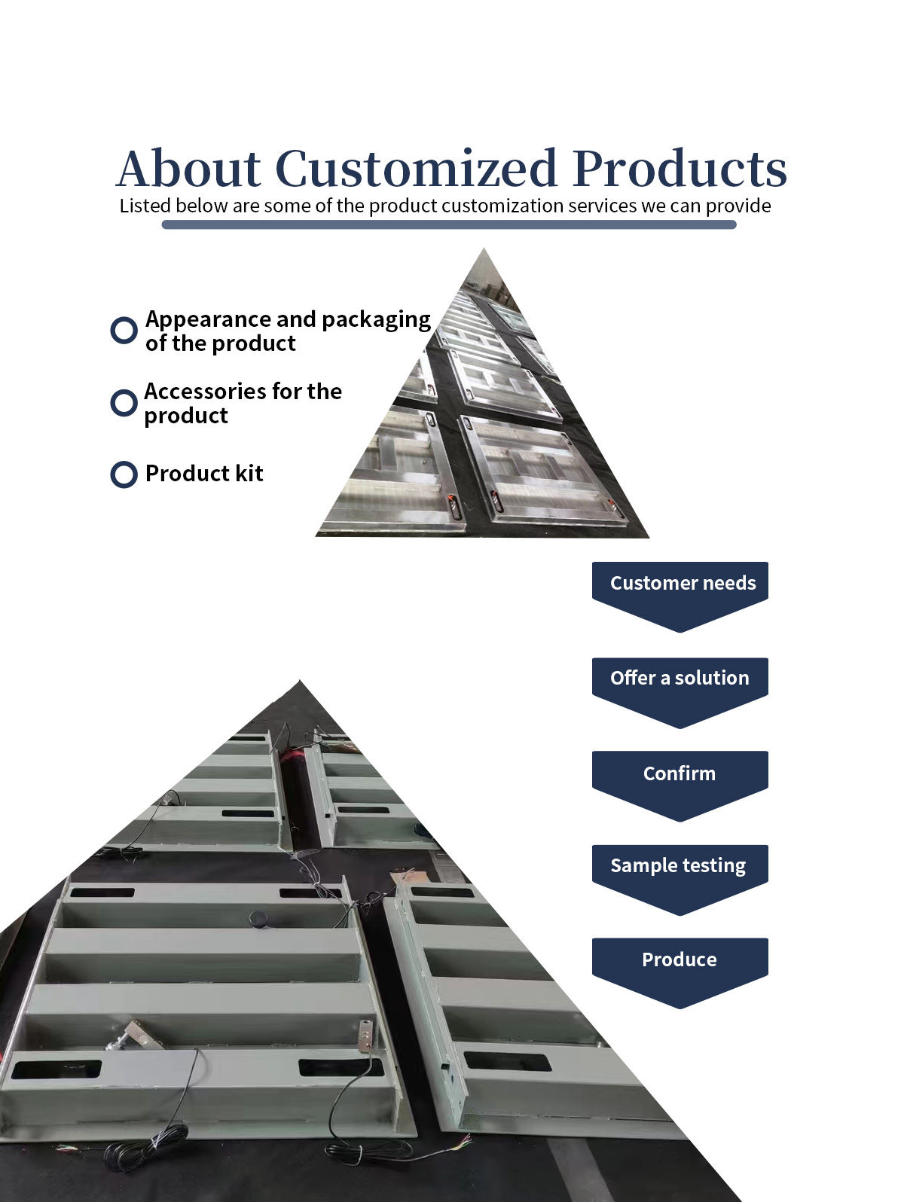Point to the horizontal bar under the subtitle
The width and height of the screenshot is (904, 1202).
449,224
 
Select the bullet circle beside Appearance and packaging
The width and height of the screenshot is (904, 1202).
124,330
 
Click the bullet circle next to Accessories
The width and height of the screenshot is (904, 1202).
124,402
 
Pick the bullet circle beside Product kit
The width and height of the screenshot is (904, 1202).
124,474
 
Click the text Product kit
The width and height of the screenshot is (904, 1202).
204,474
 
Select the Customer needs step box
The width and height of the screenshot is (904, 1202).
680,584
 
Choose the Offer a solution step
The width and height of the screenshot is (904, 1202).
680,679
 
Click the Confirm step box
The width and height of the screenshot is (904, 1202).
680,773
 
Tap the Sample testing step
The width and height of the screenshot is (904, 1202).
680,866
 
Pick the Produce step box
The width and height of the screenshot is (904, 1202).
680,959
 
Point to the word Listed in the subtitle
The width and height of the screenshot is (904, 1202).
145,206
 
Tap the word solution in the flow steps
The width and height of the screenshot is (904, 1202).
712,678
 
